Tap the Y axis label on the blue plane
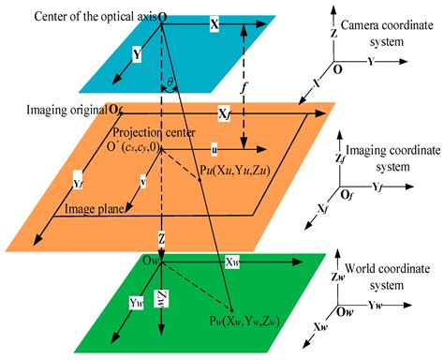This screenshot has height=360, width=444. [x=138, y=55]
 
